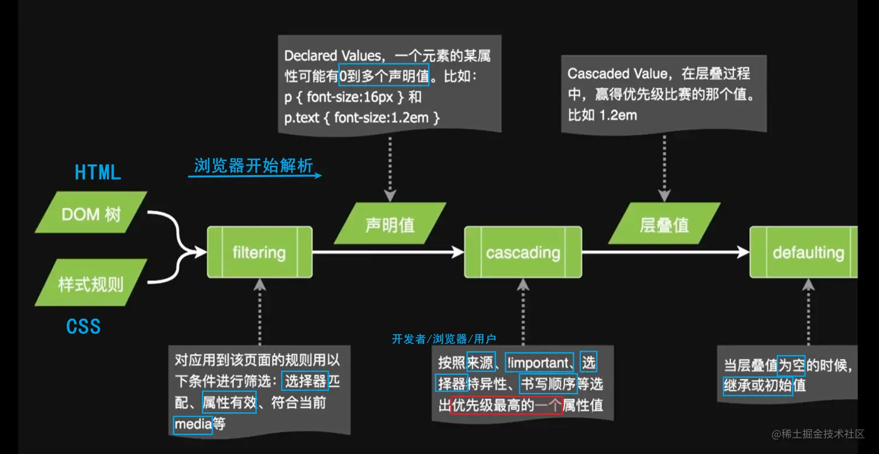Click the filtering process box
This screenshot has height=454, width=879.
(x=259, y=252)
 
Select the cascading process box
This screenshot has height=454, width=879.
(x=523, y=252)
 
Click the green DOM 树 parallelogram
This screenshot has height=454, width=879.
(x=91, y=214)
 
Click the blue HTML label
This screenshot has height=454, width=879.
(x=98, y=172)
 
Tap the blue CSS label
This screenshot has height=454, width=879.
(x=83, y=326)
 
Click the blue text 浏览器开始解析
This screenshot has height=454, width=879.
(x=253, y=166)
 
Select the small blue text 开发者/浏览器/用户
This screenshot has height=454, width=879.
(x=444, y=339)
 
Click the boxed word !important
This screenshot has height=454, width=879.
(x=539, y=363)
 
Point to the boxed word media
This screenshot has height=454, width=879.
(x=193, y=424)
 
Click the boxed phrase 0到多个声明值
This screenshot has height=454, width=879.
(x=384, y=75)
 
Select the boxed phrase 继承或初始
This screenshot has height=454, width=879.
(x=758, y=385)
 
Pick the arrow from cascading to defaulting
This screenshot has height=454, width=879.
(x=666, y=252)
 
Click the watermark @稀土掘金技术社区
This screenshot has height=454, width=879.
(x=818, y=434)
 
